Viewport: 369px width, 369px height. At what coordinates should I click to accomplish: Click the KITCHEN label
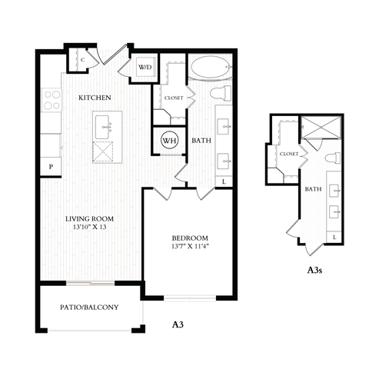(96, 98)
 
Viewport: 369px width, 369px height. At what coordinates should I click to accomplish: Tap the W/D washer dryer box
(145, 67)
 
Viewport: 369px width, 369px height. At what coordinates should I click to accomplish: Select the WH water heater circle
(169, 140)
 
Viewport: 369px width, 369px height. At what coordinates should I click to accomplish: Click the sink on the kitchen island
(102, 123)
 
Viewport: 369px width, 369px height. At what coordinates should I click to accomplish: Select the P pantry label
(52, 166)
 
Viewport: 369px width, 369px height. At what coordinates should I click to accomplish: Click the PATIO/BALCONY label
(89, 307)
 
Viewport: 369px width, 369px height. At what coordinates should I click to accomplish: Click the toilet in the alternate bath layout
(333, 159)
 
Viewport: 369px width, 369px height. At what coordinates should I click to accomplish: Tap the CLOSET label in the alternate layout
(289, 154)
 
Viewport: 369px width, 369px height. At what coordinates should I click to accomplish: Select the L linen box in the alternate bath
(336, 237)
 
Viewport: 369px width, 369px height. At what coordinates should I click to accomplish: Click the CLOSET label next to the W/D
(172, 98)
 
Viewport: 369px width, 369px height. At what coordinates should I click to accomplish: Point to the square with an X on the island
(102, 151)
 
